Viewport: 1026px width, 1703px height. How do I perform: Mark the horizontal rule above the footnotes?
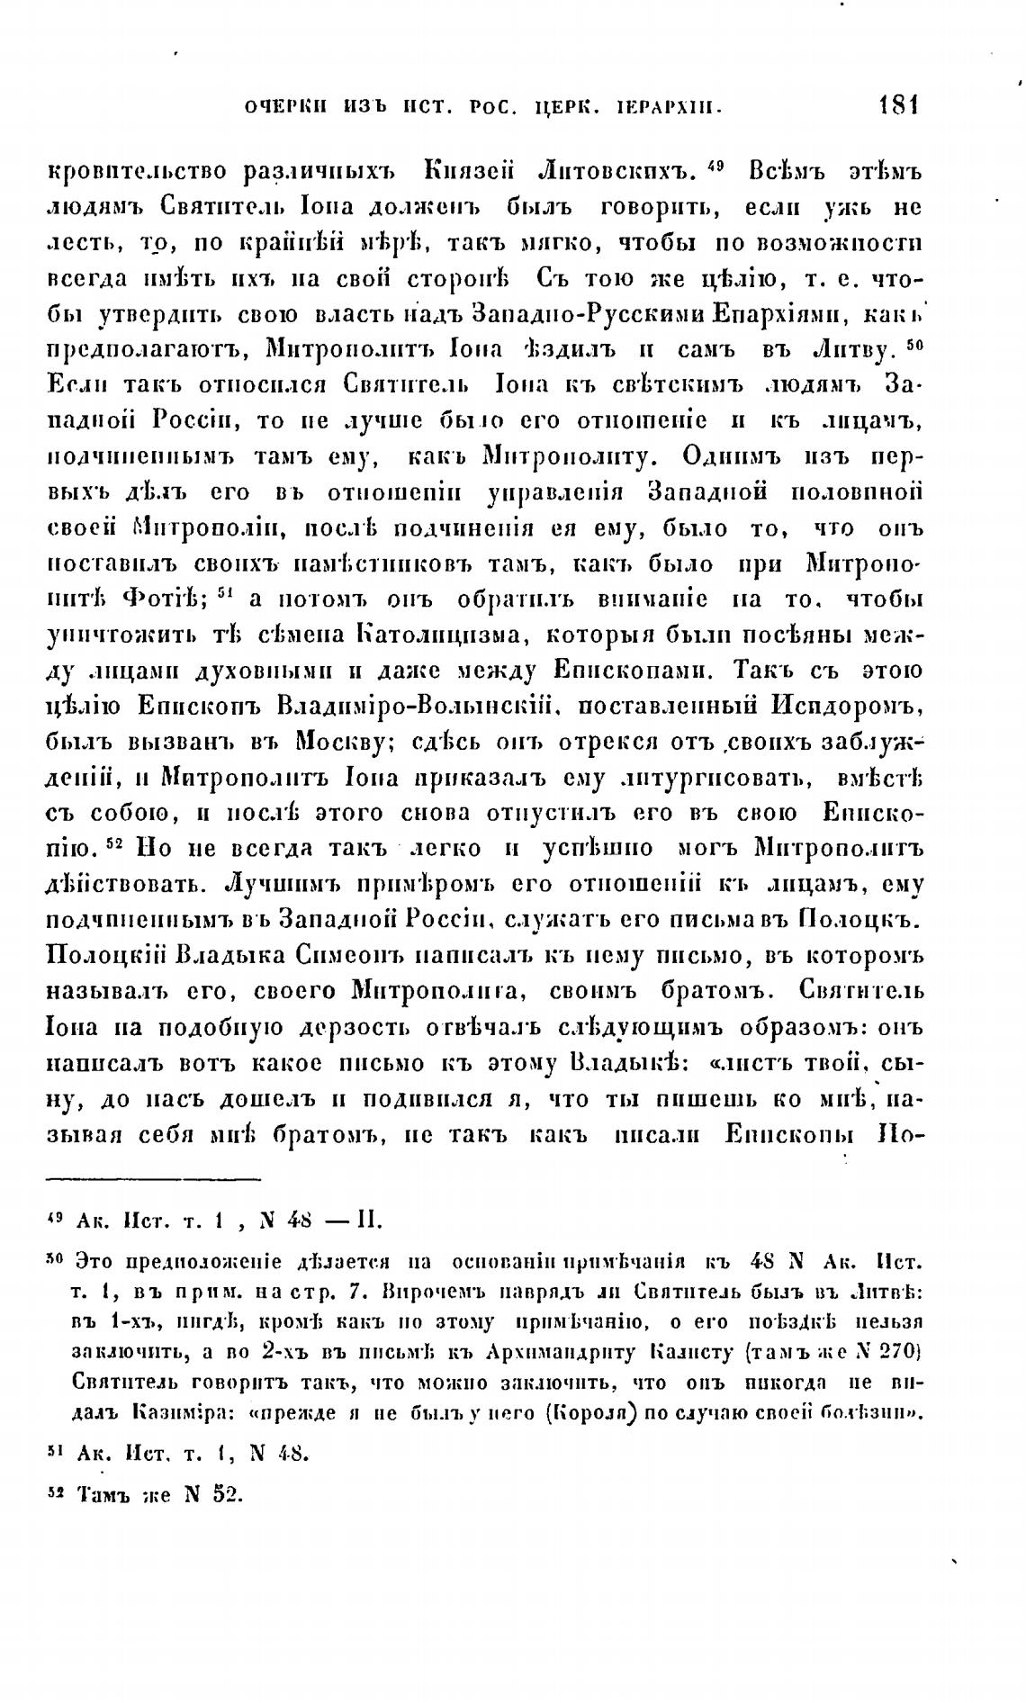(153, 1178)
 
